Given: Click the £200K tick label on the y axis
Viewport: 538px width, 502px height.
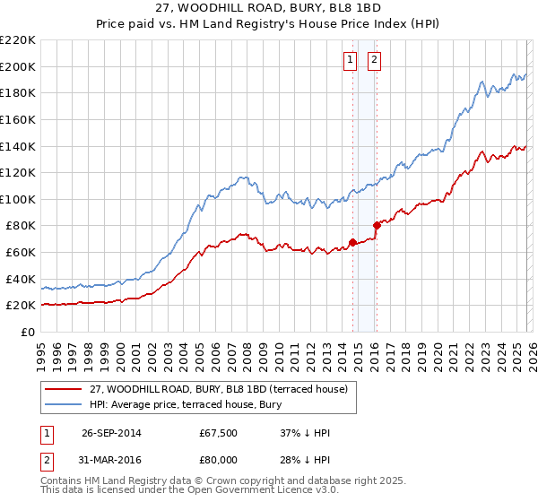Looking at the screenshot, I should tap(18, 66).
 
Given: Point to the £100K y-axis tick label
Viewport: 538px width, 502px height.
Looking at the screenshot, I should tap(18, 199).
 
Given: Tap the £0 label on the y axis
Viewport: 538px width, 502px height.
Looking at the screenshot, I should tap(27, 332).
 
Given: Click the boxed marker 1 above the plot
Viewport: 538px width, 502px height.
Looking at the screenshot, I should tap(350, 61).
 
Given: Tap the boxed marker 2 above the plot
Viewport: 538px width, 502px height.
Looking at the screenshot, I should tap(374, 61).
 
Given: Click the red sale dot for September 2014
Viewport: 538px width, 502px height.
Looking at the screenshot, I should tap(353, 242).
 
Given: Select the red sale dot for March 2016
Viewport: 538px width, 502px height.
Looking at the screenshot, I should tap(377, 225).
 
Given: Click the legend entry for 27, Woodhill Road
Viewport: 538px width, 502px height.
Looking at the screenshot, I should tap(224, 388).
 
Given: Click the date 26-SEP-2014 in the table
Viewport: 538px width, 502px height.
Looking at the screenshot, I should tap(111, 433).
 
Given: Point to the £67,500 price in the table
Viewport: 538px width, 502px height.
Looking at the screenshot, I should tap(219, 433).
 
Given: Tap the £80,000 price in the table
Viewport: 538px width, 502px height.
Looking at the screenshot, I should tap(219, 459).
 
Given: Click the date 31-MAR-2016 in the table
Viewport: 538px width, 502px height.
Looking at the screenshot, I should tap(111, 459).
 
